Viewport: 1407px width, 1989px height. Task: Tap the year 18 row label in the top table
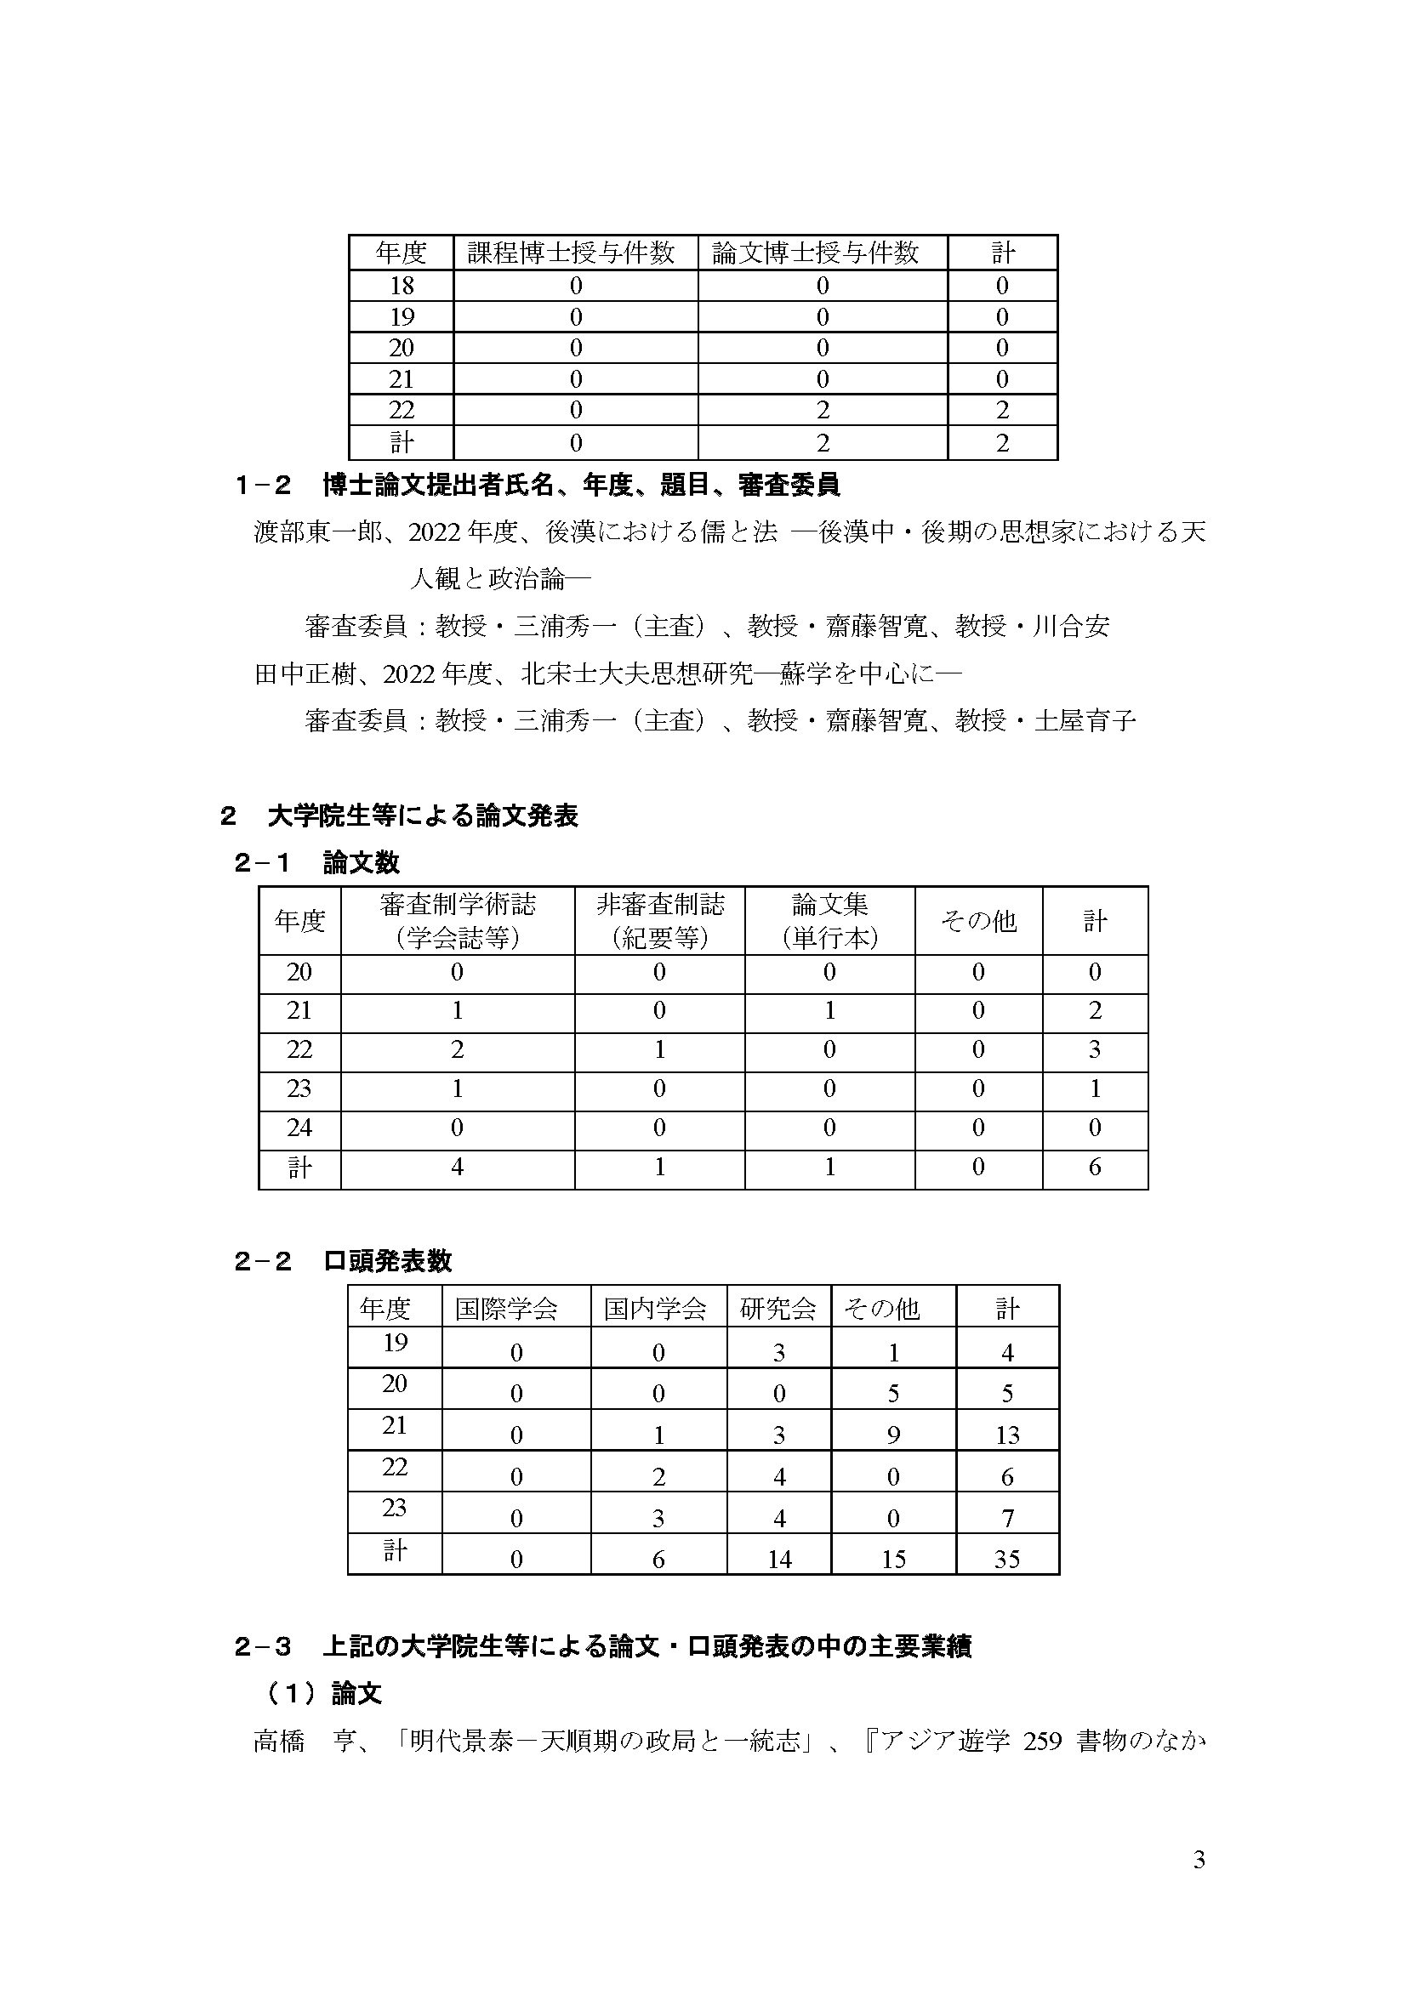402,286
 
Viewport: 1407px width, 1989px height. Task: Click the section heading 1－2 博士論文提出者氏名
537,485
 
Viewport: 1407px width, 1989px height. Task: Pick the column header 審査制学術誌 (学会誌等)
458,921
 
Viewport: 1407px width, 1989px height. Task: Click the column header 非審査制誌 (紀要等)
659,921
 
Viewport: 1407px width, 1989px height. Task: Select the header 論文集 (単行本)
829,921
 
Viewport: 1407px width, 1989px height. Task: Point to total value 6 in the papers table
1094,1168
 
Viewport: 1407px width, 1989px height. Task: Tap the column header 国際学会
506,1308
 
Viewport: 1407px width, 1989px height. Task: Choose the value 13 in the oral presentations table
1006,1436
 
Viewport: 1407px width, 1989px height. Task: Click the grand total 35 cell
1006,1560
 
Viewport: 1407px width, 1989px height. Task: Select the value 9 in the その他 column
893,1436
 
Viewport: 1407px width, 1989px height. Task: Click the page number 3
1199,1861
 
